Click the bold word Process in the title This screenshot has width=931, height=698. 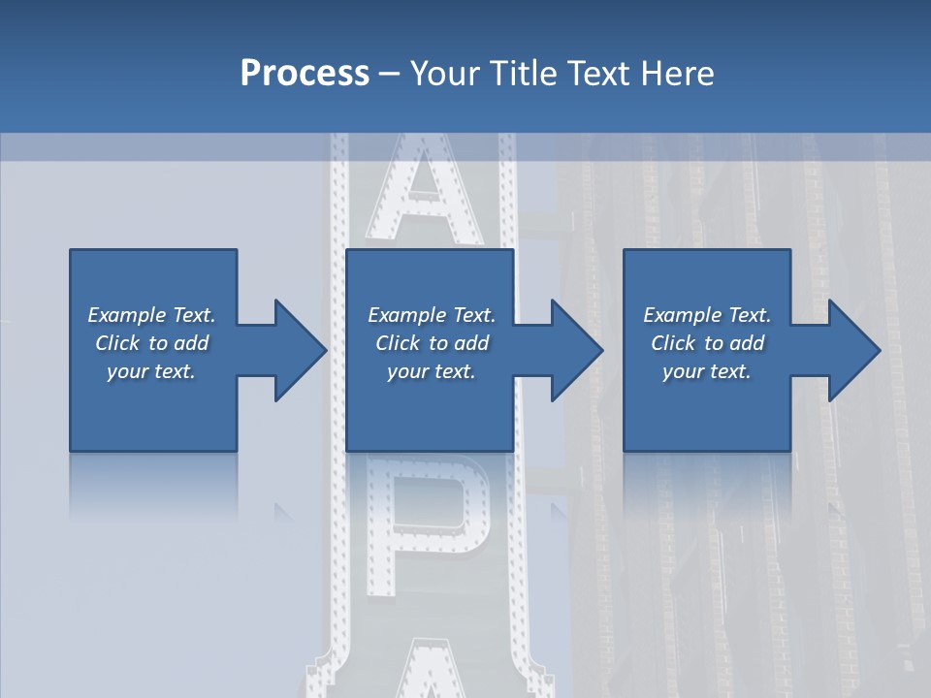click(305, 74)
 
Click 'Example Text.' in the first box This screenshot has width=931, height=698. click(151, 315)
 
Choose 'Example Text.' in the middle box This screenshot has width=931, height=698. click(432, 315)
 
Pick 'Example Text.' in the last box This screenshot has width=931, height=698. click(707, 315)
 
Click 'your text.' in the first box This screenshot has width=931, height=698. click(151, 371)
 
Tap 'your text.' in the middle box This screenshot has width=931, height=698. click(432, 371)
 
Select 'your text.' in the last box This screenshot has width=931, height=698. click(707, 371)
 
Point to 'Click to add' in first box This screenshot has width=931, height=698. click(151, 343)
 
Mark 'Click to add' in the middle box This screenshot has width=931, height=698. click(432, 343)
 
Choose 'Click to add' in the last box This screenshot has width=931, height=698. click(707, 343)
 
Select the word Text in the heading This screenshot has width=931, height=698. click(598, 74)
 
